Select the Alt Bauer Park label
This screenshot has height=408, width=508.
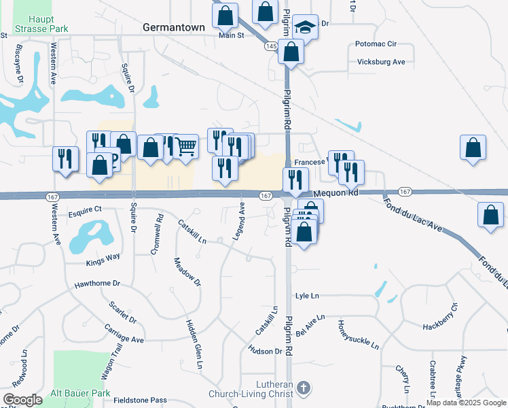(81, 393)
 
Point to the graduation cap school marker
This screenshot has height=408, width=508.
(306, 28)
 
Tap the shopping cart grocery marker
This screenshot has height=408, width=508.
(185, 145)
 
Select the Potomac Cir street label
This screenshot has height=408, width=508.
(376, 44)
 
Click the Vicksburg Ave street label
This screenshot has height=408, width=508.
(381, 62)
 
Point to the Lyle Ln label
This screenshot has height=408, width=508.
(307, 296)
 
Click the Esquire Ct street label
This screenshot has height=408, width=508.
(85, 209)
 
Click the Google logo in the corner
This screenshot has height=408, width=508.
(22, 400)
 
